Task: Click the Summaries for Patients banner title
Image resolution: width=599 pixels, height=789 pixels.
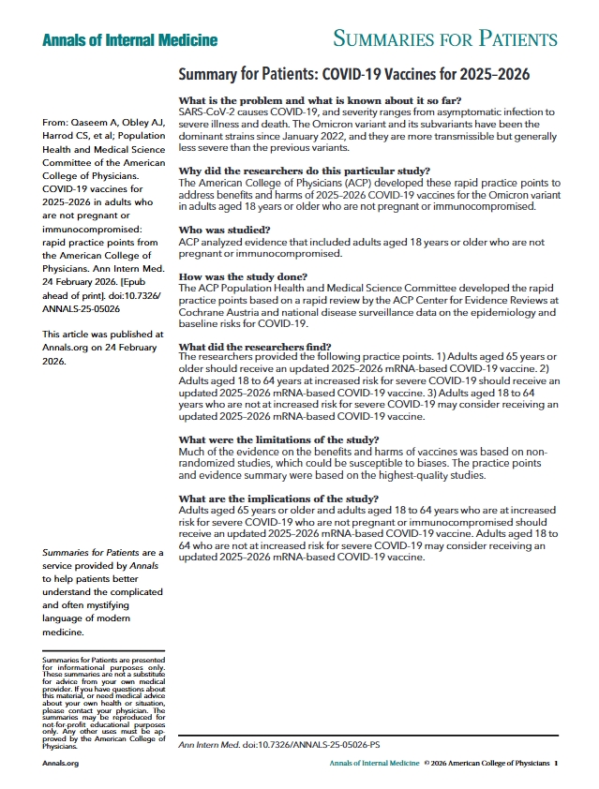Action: point(445,39)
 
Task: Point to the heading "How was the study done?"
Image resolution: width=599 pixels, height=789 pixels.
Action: point(243,277)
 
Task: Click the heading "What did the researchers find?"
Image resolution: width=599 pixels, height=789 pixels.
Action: point(254,347)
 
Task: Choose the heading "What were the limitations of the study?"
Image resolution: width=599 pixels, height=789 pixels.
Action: point(277,439)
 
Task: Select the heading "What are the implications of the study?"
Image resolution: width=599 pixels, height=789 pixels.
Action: point(278,498)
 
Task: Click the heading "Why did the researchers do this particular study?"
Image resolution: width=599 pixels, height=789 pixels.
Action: point(304,171)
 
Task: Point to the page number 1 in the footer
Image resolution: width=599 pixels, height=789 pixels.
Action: point(555,764)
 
